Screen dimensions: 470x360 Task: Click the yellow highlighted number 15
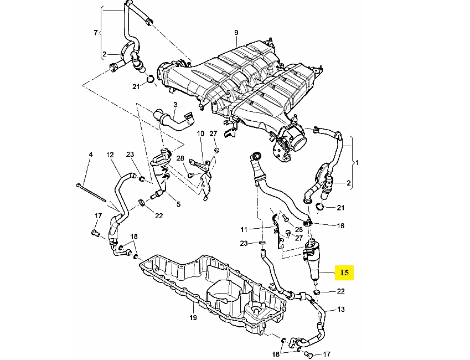click(344, 272)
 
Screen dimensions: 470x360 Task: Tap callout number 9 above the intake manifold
click(236, 32)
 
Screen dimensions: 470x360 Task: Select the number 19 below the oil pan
click(193, 317)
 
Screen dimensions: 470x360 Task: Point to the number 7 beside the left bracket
click(96, 32)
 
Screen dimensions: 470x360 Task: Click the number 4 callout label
click(91, 154)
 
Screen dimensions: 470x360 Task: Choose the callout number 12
click(110, 155)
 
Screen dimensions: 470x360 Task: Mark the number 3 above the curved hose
click(175, 105)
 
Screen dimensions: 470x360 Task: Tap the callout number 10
click(200, 133)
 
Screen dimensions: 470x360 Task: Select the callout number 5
click(178, 204)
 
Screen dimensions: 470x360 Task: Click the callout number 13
click(341, 309)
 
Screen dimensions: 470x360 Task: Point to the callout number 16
click(341, 225)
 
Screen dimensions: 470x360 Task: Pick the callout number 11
click(244, 230)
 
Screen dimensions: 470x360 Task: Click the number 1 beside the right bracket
click(357, 163)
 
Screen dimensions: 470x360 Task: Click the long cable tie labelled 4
click(91, 192)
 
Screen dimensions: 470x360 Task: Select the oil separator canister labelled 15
click(312, 260)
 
